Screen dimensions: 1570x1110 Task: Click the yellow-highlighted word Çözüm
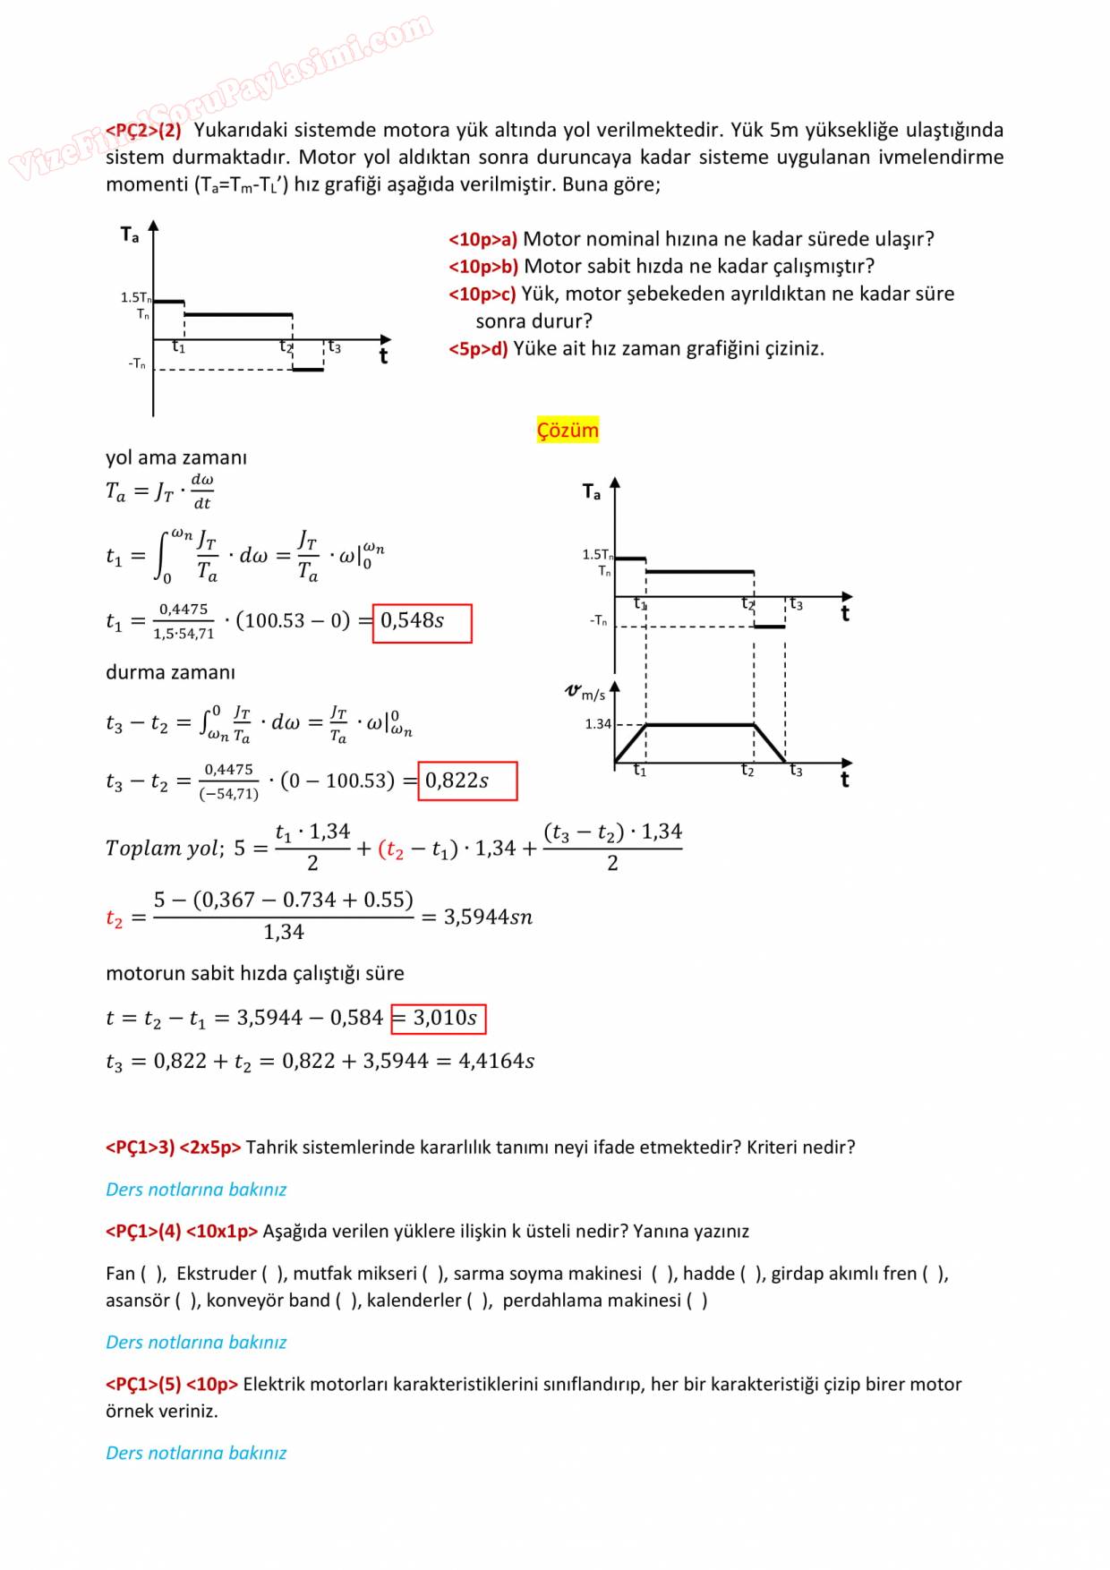coord(568,431)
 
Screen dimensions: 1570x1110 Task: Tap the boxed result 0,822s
coord(467,781)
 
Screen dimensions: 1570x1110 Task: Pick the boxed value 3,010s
coord(439,1018)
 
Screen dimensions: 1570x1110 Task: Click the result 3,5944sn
coord(488,917)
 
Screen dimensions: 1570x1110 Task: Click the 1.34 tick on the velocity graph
coord(598,723)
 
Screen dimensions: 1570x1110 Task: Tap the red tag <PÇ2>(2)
coord(143,131)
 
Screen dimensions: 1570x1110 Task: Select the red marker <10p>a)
coord(482,240)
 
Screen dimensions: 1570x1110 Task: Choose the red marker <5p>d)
coord(478,349)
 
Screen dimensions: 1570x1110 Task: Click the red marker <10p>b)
coord(483,267)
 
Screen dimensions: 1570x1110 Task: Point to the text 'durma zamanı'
coord(170,672)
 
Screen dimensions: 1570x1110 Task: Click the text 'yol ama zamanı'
coord(176,457)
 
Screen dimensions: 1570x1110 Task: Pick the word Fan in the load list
coord(120,1274)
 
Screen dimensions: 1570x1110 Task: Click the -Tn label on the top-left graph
coord(137,364)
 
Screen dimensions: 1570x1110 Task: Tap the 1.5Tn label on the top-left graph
coord(135,297)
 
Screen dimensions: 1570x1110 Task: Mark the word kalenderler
coord(414,1301)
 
